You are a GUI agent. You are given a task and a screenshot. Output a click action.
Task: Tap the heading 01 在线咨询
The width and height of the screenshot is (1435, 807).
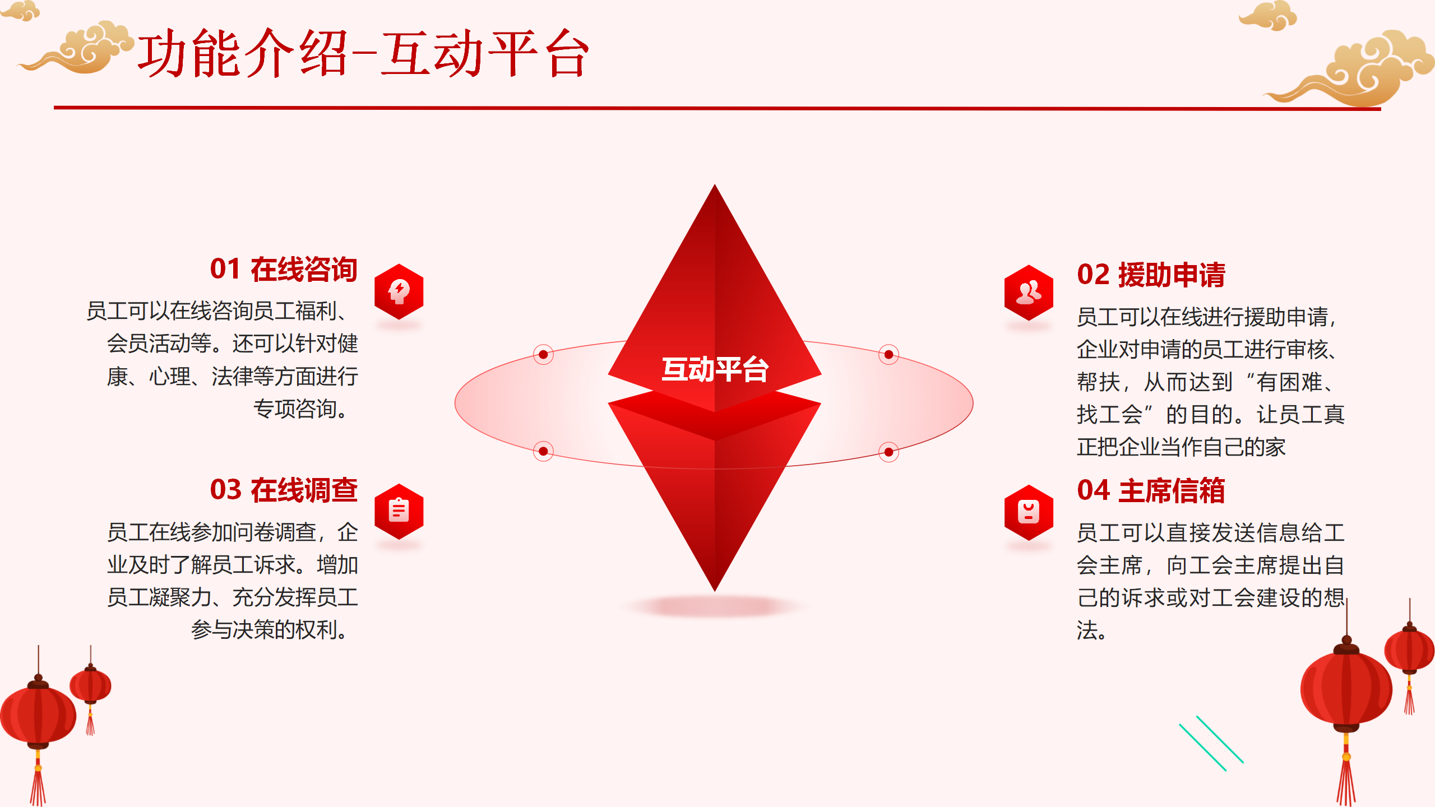pyautogui.click(x=284, y=269)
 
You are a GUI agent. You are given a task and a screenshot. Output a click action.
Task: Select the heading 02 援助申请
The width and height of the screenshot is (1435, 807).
pyautogui.click(x=1151, y=275)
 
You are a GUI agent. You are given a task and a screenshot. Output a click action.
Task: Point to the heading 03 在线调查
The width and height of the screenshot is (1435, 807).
pyautogui.click(x=284, y=490)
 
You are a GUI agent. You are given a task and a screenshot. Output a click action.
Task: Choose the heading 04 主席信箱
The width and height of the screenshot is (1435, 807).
pyautogui.click(x=1151, y=490)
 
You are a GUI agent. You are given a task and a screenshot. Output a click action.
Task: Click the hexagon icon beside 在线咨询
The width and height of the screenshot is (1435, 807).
pyautogui.click(x=399, y=291)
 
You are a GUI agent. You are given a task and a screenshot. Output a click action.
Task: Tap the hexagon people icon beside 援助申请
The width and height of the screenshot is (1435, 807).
pyautogui.click(x=1029, y=293)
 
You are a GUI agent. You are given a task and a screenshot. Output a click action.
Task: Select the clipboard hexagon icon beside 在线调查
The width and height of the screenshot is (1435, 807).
pyautogui.click(x=399, y=512)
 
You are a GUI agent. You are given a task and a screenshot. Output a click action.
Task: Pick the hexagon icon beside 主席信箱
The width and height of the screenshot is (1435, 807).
pyautogui.click(x=1029, y=512)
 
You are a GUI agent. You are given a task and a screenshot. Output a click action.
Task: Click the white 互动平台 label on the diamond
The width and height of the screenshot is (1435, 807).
pyautogui.click(x=715, y=369)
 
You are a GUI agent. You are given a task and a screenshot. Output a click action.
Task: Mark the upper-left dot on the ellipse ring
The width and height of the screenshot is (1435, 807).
pyautogui.click(x=543, y=354)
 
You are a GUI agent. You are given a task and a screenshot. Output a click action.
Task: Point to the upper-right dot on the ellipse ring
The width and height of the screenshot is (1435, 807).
pyautogui.click(x=888, y=354)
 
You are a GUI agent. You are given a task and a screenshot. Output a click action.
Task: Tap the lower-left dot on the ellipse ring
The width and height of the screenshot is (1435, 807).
pyautogui.click(x=543, y=451)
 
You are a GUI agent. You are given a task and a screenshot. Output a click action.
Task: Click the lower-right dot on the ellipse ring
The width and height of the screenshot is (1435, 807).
pyautogui.click(x=888, y=452)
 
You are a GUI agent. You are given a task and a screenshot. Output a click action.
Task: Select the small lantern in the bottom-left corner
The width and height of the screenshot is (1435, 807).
pyautogui.click(x=90, y=687)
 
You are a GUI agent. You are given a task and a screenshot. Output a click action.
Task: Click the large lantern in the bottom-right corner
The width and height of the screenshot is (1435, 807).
pyautogui.click(x=1346, y=689)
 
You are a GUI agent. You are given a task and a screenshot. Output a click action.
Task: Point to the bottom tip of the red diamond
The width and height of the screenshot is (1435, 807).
pyautogui.click(x=715, y=591)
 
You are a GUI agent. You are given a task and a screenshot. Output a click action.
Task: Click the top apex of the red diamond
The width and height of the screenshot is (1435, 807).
pyautogui.click(x=715, y=184)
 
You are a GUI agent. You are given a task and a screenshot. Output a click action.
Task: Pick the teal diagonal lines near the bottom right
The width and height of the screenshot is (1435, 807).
pyautogui.click(x=1211, y=743)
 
